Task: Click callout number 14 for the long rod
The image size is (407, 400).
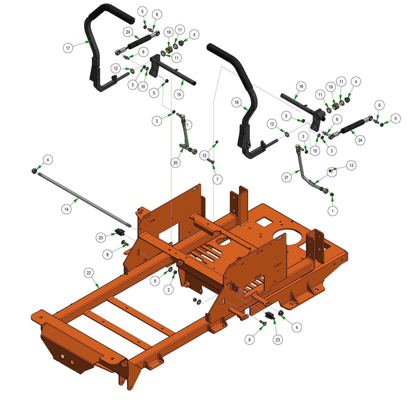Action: tap(66, 209)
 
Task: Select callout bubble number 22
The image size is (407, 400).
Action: tap(89, 273)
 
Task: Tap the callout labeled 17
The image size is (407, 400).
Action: tap(68, 48)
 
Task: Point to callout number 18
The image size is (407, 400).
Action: tap(236, 102)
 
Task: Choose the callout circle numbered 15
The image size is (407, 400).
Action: tap(179, 94)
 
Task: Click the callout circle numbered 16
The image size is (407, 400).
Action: tap(301, 86)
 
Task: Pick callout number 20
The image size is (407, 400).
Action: tap(175, 163)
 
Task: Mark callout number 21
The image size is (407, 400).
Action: tap(286, 177)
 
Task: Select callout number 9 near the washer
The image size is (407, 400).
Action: tap(155, 281)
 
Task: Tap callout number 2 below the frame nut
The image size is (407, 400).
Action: tap(169, 290)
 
